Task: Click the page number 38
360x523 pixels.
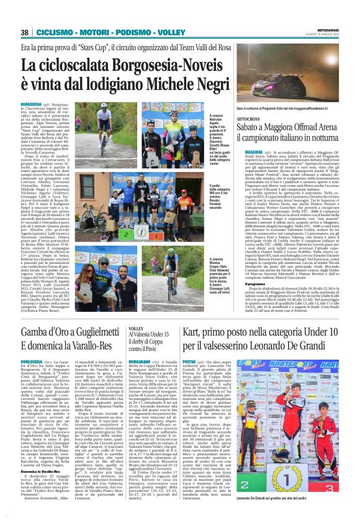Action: [25, 32]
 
